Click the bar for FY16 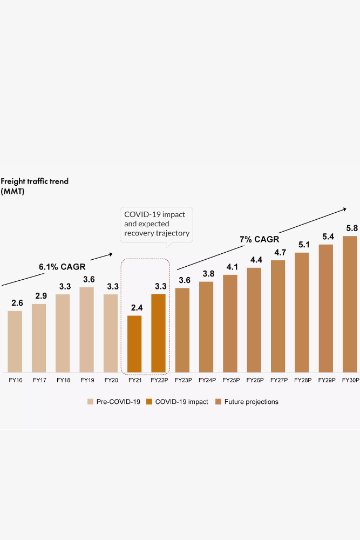[x=15, y=341]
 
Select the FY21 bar [x=134, y=344]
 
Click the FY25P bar [x=230, y=323]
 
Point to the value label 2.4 [x=134, y=308]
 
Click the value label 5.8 [x=350, y=228]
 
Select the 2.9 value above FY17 [x=39, y=296]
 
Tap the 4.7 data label [x=278, y=253]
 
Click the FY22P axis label [x=158, y=381]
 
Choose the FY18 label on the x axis [x=63, y=381]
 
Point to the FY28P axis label [x=302, y=381]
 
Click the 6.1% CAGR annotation [x=62, y=267]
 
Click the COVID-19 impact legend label [x=182, y=402]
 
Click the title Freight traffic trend [x=35, y=181]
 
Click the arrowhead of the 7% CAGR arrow [x=344, y=208]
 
